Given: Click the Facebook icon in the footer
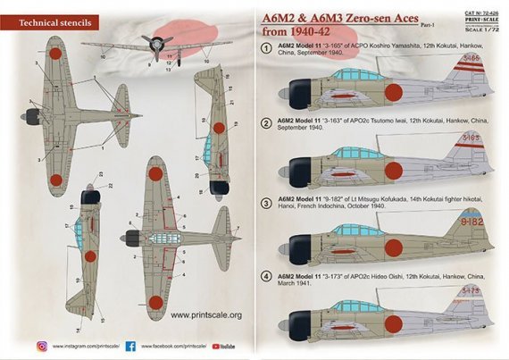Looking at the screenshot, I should pos(129,344).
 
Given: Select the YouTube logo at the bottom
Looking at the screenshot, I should pos(226,344).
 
